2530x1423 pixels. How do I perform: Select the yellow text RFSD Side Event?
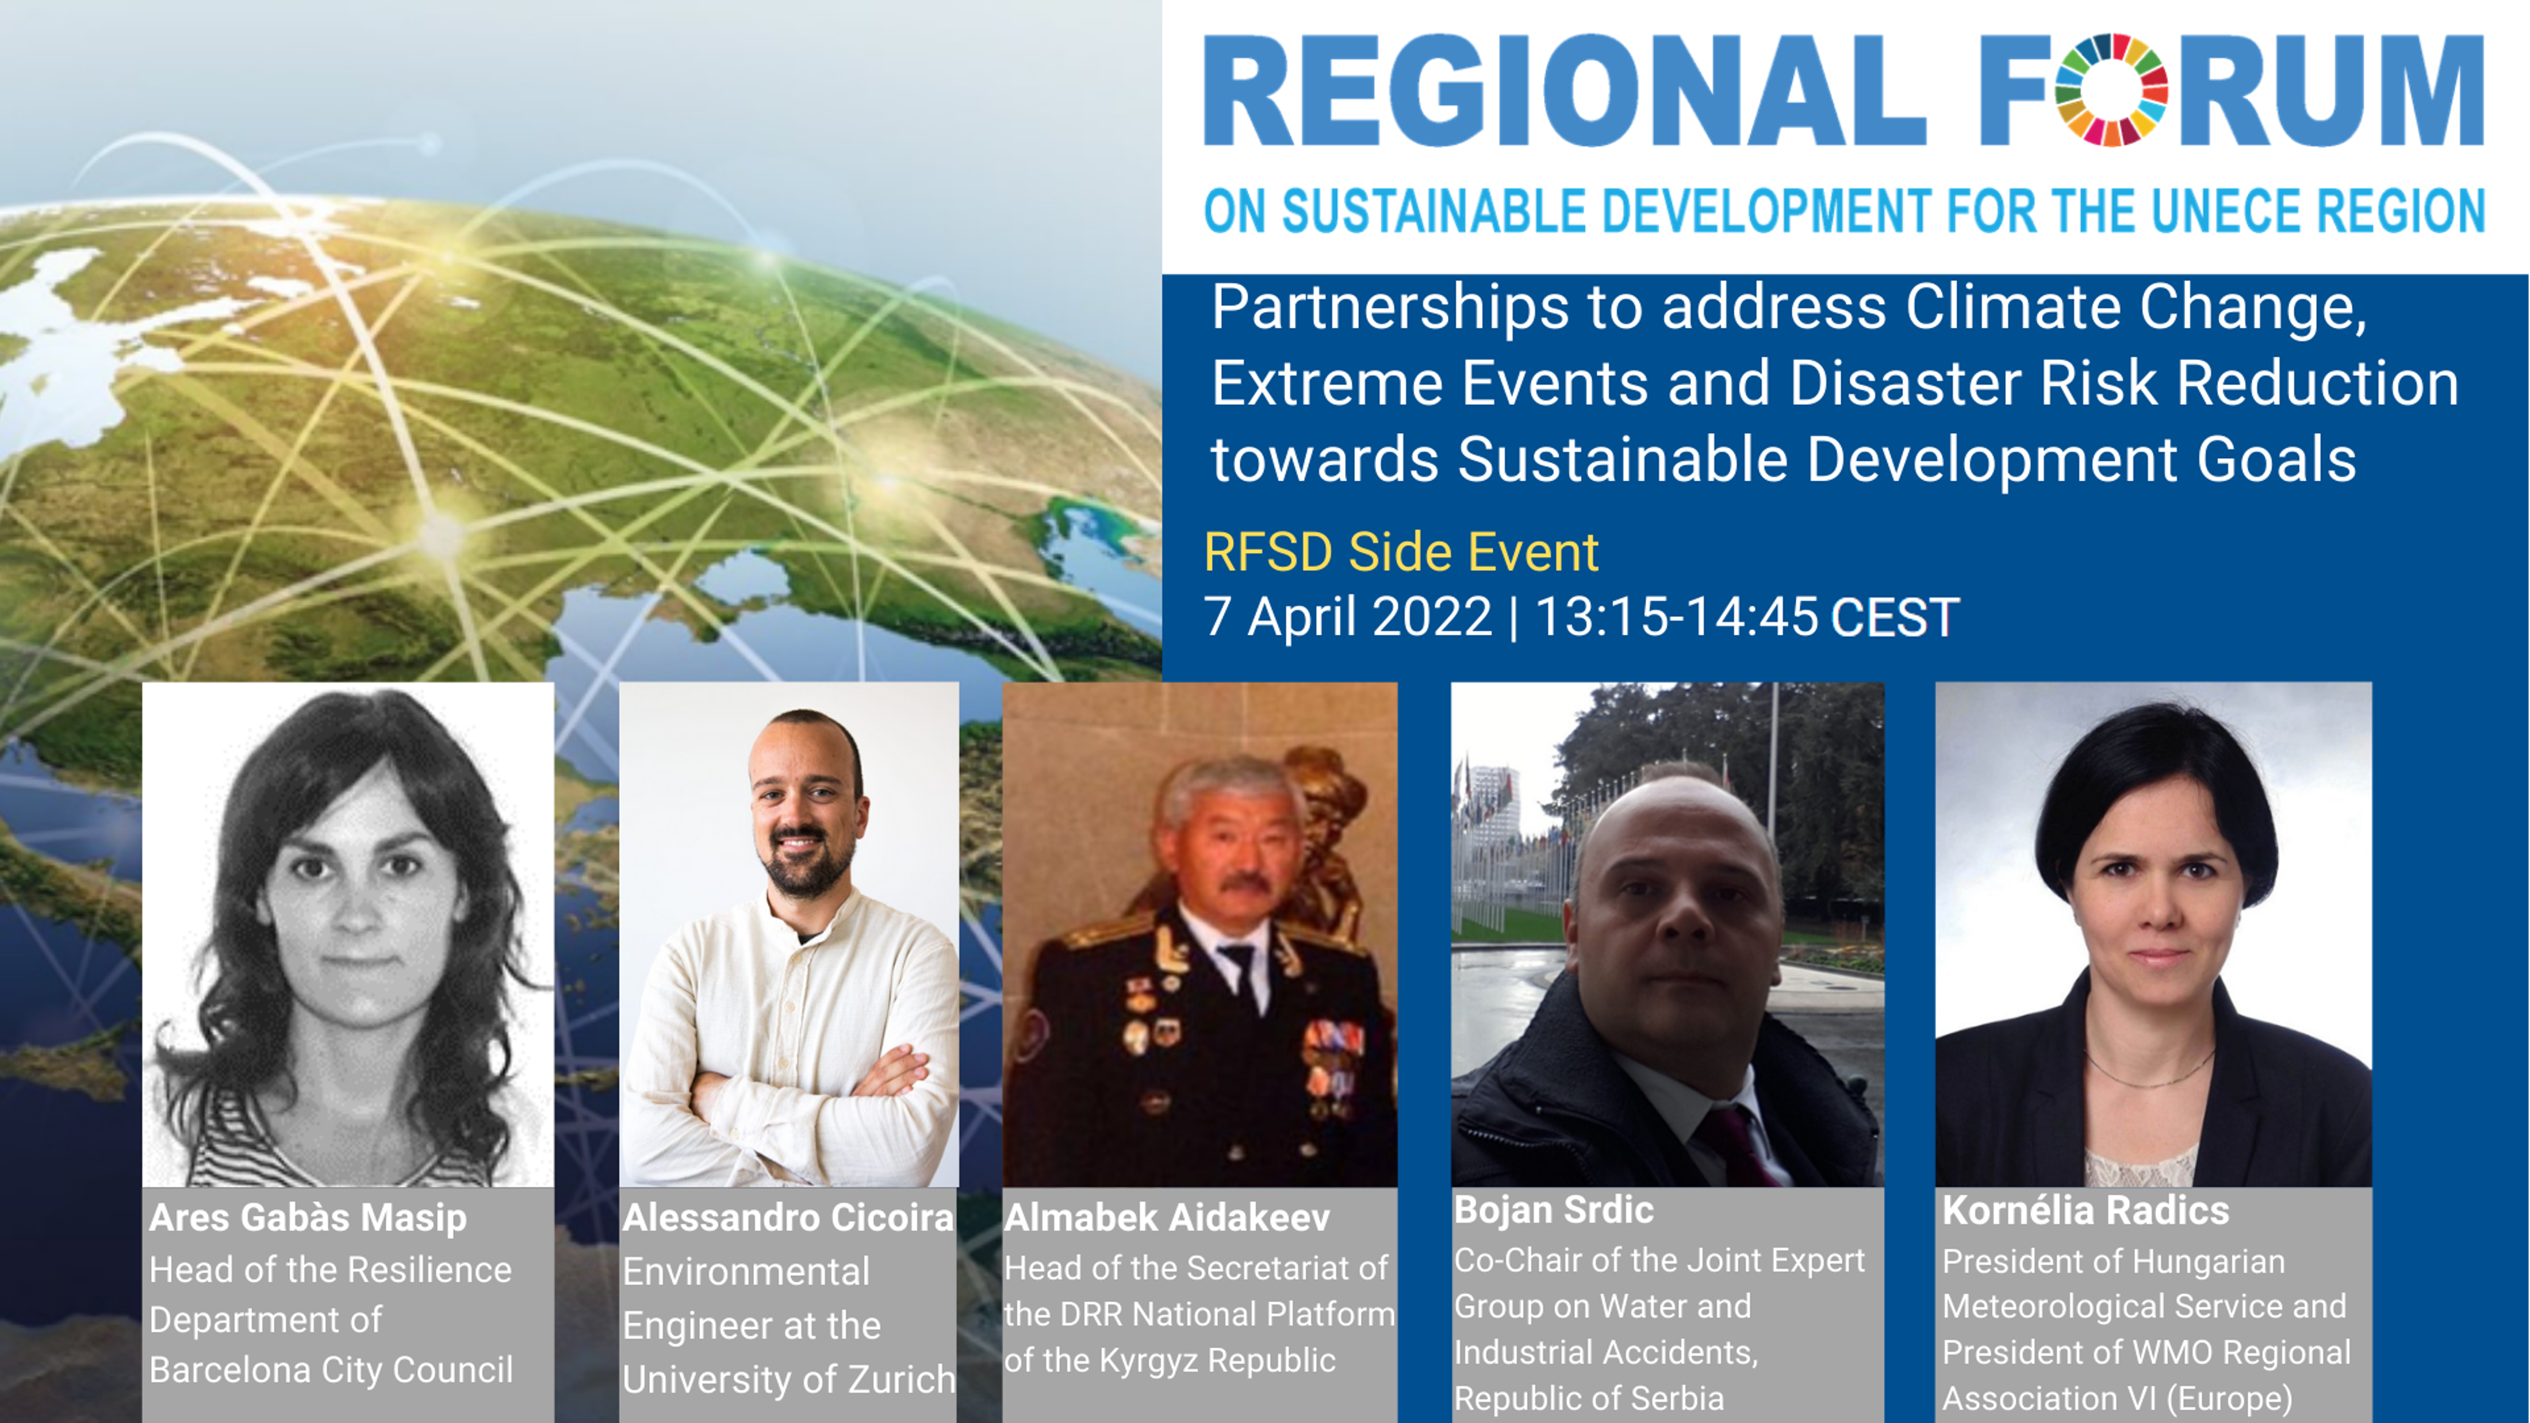pyautogui.click(x=1401, y=552)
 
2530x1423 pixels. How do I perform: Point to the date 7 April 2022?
pyautogui.click(x=1347, y=617)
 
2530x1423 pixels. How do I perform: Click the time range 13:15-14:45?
pyautogui.click(x=1676, y=617)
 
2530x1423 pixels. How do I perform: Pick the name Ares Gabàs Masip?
pyautogui.click(x=308, y=1218)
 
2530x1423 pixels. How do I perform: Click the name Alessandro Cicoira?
pyautogui.click(x=788, y=1218)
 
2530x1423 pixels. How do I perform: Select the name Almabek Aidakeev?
pyautogui.click(x=1167, y=1218)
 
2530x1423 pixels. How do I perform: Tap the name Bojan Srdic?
pyautogui.click(x=1554, y=1210)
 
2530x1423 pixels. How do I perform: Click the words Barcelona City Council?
pyautogui.click(x=331, y=1370)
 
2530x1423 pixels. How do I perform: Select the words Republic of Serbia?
pyautogui.click(x=1589, y=1398)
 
